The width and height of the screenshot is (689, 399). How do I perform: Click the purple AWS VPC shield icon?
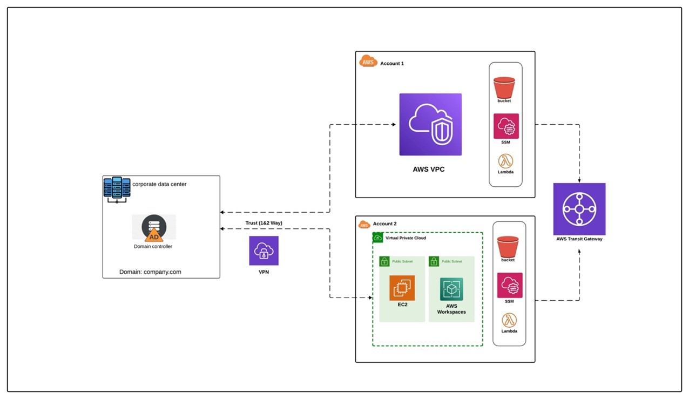pyautogui.click(x=430, y=125)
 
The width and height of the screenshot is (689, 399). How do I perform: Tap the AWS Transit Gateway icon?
pyautogui.click(x=579, y=209)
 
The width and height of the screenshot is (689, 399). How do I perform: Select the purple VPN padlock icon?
pyautogui.click(x=264, y=251)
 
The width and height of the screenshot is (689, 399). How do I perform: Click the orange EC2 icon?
pyautogui.click(x=402, y=288)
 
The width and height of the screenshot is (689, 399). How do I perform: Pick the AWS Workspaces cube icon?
pyautogui.click(x=451, y=289)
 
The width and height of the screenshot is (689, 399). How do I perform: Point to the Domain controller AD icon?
pyautogui.click(x=154, y=228)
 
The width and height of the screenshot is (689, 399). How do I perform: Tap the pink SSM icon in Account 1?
pyautogui.click(x=506, y=126)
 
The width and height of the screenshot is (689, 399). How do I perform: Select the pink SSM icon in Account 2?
pyautogui.click(x=510, y=285)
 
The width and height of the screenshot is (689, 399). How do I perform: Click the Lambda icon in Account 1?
pyautogui.click(x=506, y=160)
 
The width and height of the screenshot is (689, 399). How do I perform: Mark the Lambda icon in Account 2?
pyautogui.click(x=509, y=320)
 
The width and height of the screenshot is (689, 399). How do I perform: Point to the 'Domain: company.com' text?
pyautogui.click(x=150, y=272)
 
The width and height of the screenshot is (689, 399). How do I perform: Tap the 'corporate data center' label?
pyautogui.click(x=159, y=184)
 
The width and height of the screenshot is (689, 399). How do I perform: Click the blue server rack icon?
pyautogui.click(x=117, y=188)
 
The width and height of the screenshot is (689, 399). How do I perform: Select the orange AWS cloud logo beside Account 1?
pyautogui.click(x=368, y=62)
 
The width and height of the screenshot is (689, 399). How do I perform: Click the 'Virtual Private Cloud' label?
pyautogui.click(x=406, y=238)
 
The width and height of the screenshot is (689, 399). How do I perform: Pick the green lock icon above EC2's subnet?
pyautogui.click(x=384, y=261)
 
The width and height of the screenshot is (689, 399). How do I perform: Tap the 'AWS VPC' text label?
pyautogui.click(x=428, y=170)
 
